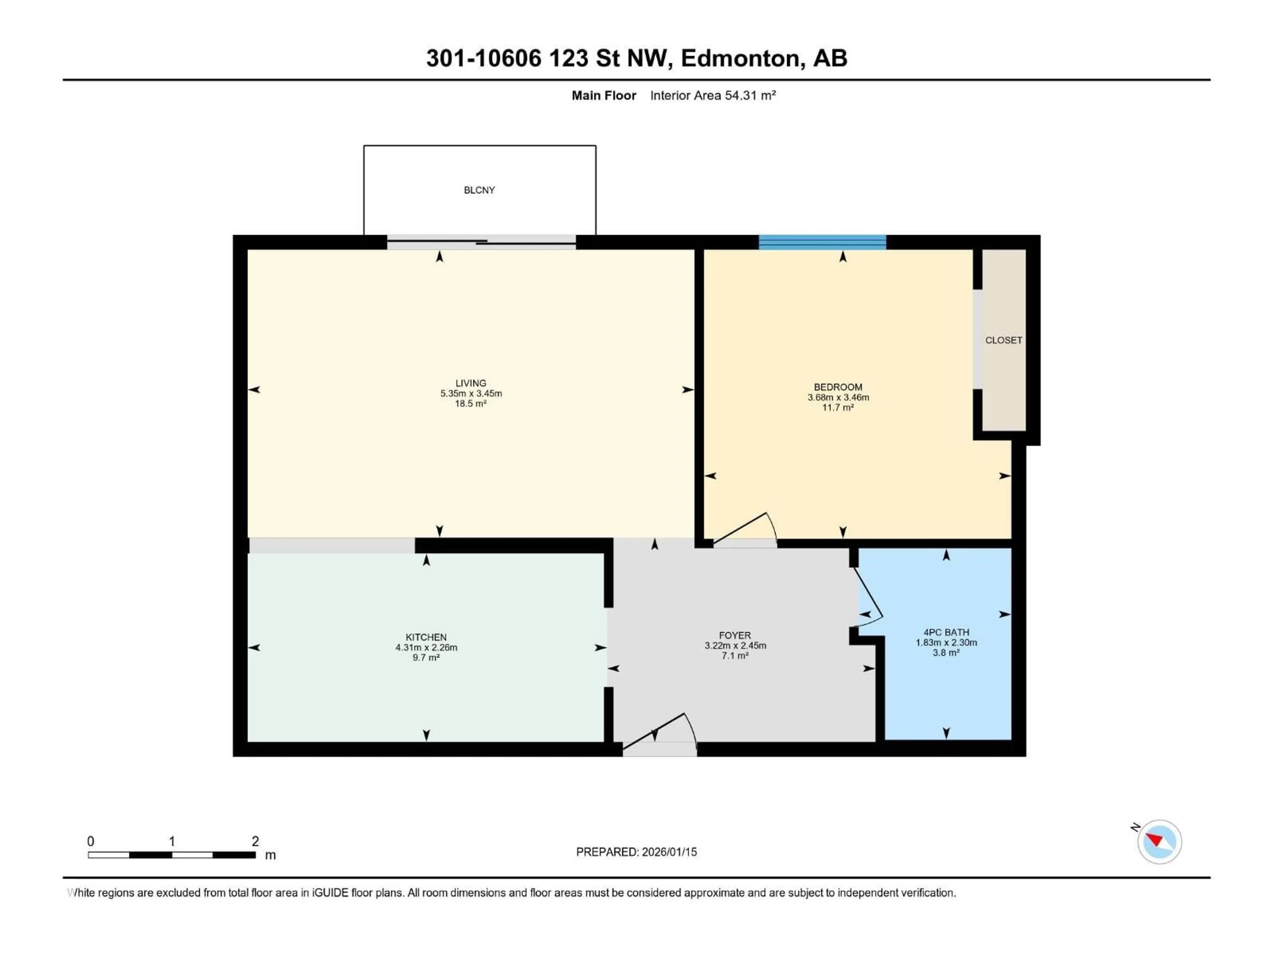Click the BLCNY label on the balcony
(x=479, y=190)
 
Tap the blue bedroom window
(x=822, y=242)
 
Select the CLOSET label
(x=1003, y=340)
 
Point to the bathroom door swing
(x=869, y=596)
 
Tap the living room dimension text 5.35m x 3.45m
(x=471, y=394)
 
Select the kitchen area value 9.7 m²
(x=426, y=657)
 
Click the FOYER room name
(x=735, y=636)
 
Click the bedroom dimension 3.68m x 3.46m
(x=838, y=397)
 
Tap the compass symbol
(x=1160, y=842)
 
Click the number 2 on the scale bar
(x=255, y=841)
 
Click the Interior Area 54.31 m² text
(x=712, y=95)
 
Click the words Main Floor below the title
(x=603, y=95)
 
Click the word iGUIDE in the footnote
(x=330, y=893)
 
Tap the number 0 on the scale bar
(x=91, y=841)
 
